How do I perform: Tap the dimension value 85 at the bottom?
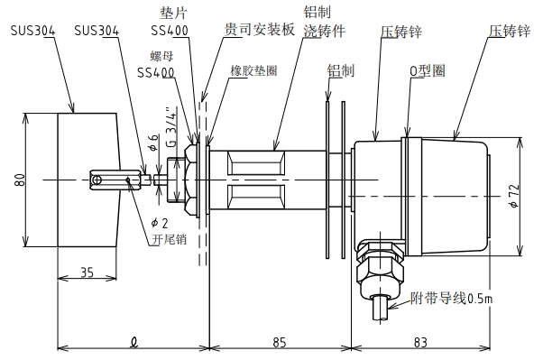pyautogui.click(x=279, y=341)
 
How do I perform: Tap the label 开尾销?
pyautogui.click(x=168, y=239)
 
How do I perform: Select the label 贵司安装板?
pyautogui.click(x=259, y=30)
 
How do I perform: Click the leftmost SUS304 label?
pyautogui.click(x=32, y=31)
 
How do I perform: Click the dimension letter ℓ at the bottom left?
pyautogui.click(x=133, y=341)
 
